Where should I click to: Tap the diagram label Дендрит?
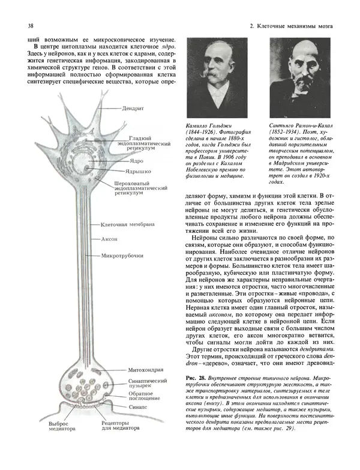134,109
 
